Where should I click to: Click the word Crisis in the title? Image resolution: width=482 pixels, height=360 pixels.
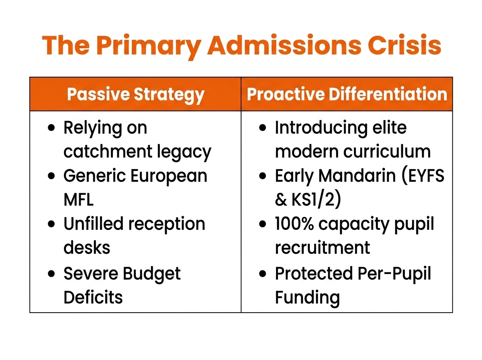[404, 45]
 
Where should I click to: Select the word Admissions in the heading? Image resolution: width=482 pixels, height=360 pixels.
[284, 45]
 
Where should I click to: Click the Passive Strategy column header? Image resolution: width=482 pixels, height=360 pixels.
[135, 95]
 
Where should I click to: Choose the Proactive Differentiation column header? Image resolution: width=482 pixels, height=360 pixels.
[347, 94]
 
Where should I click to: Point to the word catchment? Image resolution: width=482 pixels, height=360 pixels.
[108, 152]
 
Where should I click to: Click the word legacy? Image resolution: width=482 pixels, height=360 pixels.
[184, 153]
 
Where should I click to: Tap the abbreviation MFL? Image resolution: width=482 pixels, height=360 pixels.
[78, 199]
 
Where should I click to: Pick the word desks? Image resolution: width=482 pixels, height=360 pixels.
[87, 247]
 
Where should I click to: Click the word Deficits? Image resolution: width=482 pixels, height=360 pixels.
[93, 297]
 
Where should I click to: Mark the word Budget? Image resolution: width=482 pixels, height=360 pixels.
[151, 275]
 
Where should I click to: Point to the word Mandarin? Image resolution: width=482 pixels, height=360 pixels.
[357, 176]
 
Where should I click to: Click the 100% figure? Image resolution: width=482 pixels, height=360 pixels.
[294, 224]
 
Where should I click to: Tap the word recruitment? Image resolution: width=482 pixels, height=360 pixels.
[323, 247]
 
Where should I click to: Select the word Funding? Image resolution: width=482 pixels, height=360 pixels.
[307, 298]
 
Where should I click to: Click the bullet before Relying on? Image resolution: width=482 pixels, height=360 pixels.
[51, 128]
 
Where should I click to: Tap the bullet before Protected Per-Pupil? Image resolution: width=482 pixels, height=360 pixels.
[263, 274]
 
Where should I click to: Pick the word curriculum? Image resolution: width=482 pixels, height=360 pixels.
[387, 152]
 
